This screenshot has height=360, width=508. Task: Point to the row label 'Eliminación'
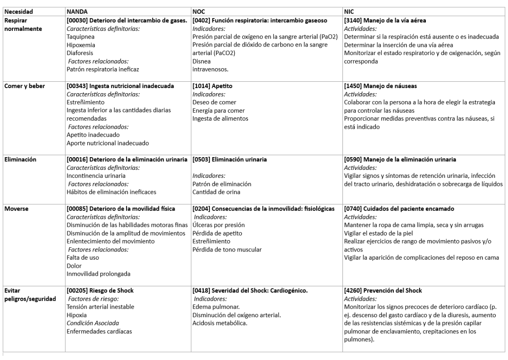21,160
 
